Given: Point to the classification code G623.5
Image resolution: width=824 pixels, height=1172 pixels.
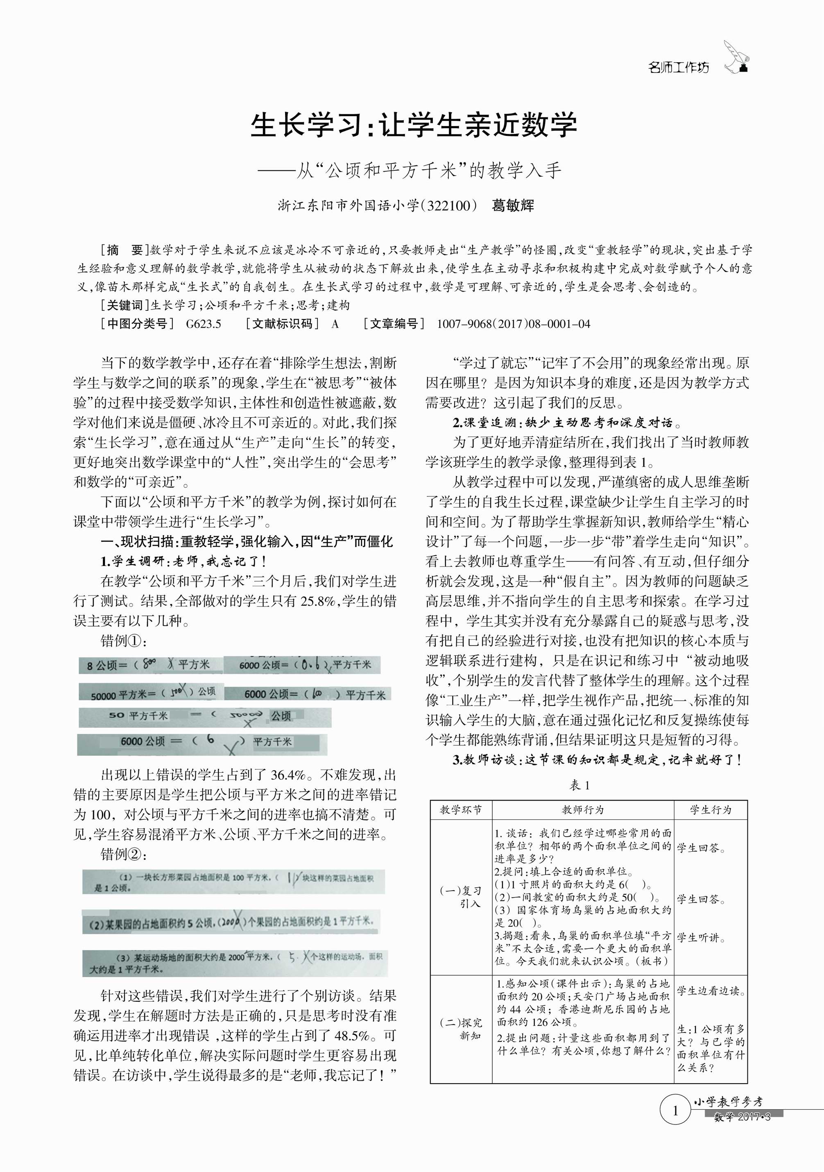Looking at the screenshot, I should click(x=204, y=324).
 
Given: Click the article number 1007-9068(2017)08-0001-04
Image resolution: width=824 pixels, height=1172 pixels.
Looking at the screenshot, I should click(x=513, y=324).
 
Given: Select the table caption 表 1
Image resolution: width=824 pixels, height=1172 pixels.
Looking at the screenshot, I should click(x=580, y=785).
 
